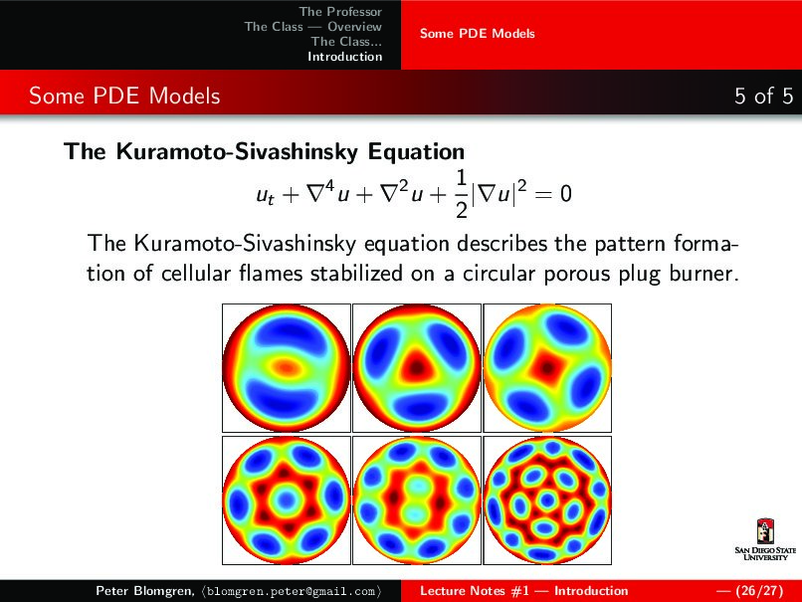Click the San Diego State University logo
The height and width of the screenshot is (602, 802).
point(765,539)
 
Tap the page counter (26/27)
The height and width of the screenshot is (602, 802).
point(759,591)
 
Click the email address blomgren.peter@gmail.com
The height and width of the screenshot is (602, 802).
point(292,591)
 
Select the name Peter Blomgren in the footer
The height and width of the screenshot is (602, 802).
point(143,591)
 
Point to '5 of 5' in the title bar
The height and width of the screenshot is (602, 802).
point(763,96)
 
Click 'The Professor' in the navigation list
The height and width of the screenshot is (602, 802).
point(340,11)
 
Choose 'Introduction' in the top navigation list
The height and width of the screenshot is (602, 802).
point(344,57)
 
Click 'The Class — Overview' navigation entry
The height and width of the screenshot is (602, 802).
point(313,26)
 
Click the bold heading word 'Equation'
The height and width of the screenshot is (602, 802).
point(416,152)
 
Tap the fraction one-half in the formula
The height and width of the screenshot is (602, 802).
point(462,194)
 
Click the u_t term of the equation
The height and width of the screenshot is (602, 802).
point(265,195)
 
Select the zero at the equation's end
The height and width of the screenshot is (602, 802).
point(566,194)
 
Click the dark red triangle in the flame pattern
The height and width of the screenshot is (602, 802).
point(417,366)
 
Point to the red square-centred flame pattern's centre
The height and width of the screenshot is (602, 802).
point(548,366)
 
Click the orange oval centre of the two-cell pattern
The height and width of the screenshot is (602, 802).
point(285,366)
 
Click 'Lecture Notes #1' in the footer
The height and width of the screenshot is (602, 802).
point(475,591)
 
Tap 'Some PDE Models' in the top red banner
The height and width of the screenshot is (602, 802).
point(478,34)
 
